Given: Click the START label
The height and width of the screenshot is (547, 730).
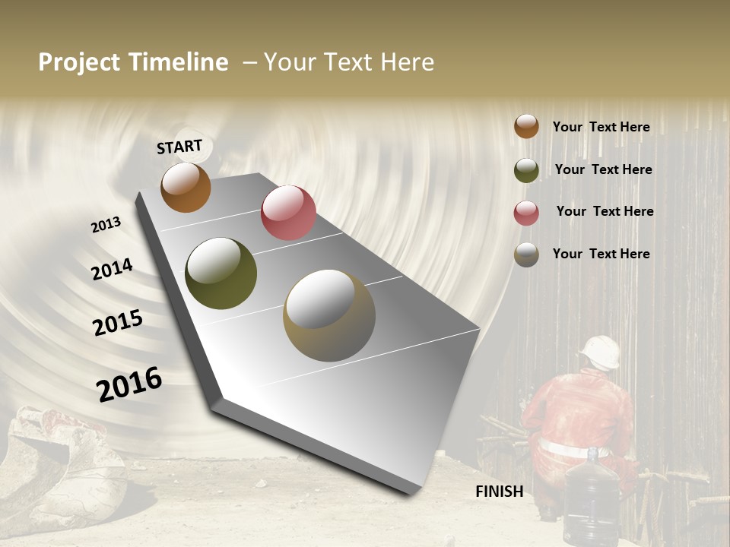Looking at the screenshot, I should tap(179, 147).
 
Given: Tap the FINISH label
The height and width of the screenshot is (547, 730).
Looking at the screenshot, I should tap(500, 492).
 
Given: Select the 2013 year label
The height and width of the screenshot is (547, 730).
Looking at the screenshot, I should tap(106, 225).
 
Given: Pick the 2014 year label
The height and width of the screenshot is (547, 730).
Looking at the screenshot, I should tap(112, 269).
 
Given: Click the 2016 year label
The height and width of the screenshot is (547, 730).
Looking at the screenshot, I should tap(129, 384).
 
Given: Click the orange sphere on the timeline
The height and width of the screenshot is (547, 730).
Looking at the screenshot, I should tap(186, 188).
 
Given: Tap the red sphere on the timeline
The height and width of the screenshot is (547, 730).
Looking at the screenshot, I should tap(288, 213).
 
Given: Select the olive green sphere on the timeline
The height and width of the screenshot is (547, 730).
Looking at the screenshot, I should tap(221, 273).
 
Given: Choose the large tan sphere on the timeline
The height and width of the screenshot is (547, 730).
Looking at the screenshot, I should tap(328, 315).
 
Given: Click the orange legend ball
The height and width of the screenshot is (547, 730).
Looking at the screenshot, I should tap(526, 126).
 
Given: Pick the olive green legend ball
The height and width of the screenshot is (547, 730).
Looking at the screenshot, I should tap(526, 170).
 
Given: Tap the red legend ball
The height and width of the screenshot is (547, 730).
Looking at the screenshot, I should tap(526, 213).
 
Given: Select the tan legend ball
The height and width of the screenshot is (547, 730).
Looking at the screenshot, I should tap(526, 255).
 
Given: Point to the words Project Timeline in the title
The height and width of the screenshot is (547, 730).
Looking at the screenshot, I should tap(133, 62).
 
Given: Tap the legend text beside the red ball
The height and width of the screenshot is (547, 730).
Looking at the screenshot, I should tap(605, 211).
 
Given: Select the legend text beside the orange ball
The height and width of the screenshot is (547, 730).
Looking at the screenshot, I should tap(601, 127).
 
